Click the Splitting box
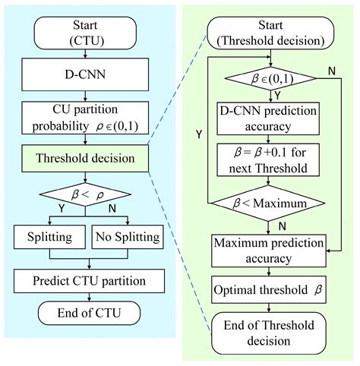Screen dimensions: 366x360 (50, 238)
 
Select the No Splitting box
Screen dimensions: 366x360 (128, 238)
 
